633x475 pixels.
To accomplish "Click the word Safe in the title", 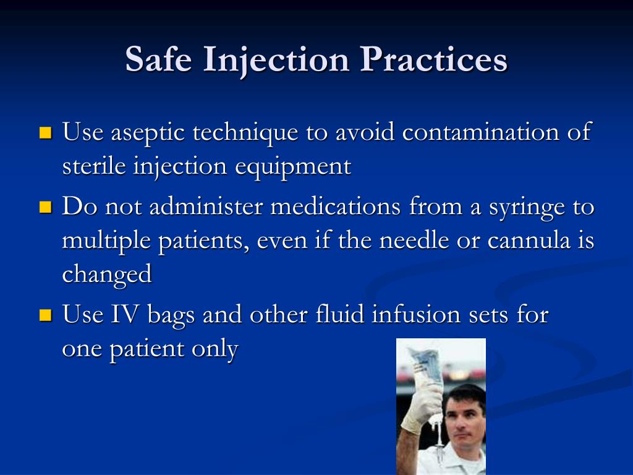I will coord(159,60).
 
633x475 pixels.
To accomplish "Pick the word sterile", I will coord(93,166).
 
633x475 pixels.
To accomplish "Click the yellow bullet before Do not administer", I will coord(45,206).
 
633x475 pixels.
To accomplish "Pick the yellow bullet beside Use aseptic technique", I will coord(45,132).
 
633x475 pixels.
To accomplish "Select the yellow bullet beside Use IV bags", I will coord(45,315).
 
